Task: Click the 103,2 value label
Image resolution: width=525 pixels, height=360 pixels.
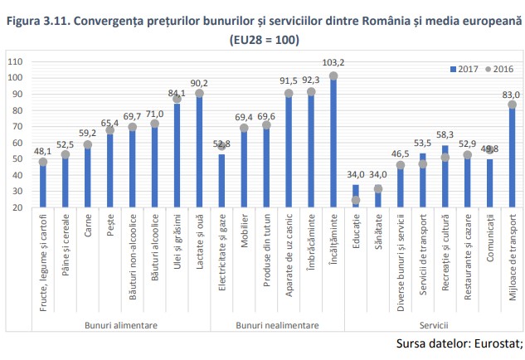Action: pos(333,62)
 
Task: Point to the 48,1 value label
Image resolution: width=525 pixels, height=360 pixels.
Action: pos(42,151)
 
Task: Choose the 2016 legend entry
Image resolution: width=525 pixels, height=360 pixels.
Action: pos(500,69)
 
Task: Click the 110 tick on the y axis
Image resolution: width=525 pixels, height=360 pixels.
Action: pos(16,61)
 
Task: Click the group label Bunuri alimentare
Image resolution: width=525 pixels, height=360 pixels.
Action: pos(120,326)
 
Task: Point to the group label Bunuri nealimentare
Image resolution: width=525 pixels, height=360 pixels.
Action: pos(277,326)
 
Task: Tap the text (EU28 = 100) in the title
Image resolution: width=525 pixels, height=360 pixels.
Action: pos(263,38)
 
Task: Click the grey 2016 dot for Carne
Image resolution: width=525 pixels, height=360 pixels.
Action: pos(87,144)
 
